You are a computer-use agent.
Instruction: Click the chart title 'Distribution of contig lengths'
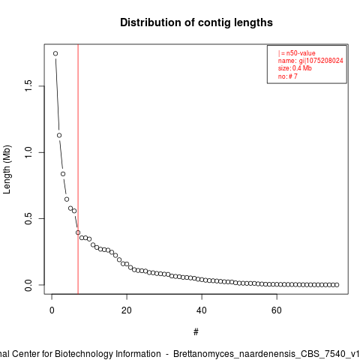tap(196, 22)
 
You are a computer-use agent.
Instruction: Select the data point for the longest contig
tap(55, 53)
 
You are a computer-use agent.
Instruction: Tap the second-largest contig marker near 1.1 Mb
tap(59, 135)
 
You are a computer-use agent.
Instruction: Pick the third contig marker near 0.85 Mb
tap(63, 174)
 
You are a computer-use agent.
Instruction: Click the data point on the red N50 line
tap(78, 232)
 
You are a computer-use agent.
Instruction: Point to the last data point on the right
tap(337, 285)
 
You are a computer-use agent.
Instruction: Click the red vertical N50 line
tap(78, 169)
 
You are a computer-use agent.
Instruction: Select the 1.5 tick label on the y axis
tap(28, 86)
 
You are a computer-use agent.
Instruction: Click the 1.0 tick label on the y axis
tap(28, 152)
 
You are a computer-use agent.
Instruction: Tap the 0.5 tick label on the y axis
tap(28, 218)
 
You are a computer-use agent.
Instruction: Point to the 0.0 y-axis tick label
tap(28, 285)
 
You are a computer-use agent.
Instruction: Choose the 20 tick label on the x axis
tap(127, 310)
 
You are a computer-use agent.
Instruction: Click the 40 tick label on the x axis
tap(202, 310)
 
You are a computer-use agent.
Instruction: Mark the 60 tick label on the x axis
tap(277, 310)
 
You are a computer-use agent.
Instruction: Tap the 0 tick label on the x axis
tap(52, 310)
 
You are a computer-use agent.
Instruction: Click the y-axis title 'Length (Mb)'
tap(7, 169)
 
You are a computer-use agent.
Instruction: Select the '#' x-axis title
tap(196, 332)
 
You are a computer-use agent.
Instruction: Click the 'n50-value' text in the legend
tap(301, 53)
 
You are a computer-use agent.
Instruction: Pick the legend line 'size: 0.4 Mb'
tap(295, 68)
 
